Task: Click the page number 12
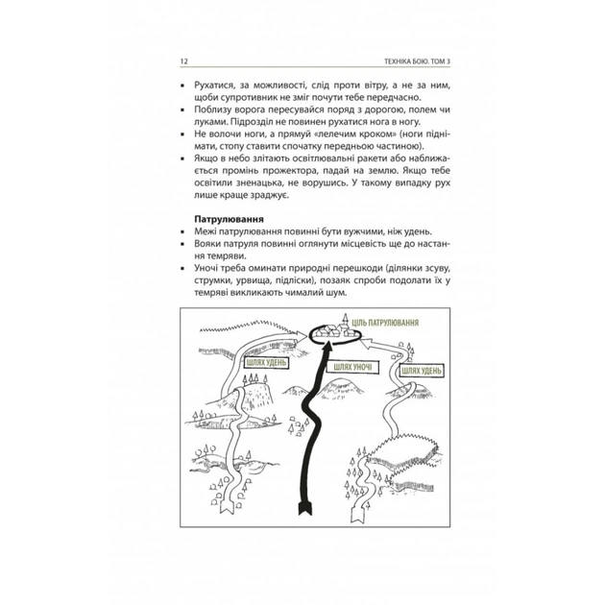click(183, 61)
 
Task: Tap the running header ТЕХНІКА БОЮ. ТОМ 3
click(417, 61)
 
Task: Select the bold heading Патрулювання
click(230, 219)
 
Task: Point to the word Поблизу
click(212, 109)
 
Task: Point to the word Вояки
click(206, 244)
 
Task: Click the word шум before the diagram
click(336, 293)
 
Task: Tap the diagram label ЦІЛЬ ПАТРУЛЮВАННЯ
click(385, 323)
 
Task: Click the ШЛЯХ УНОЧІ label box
click(352, 367)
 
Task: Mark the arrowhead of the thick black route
click(328, 346)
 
